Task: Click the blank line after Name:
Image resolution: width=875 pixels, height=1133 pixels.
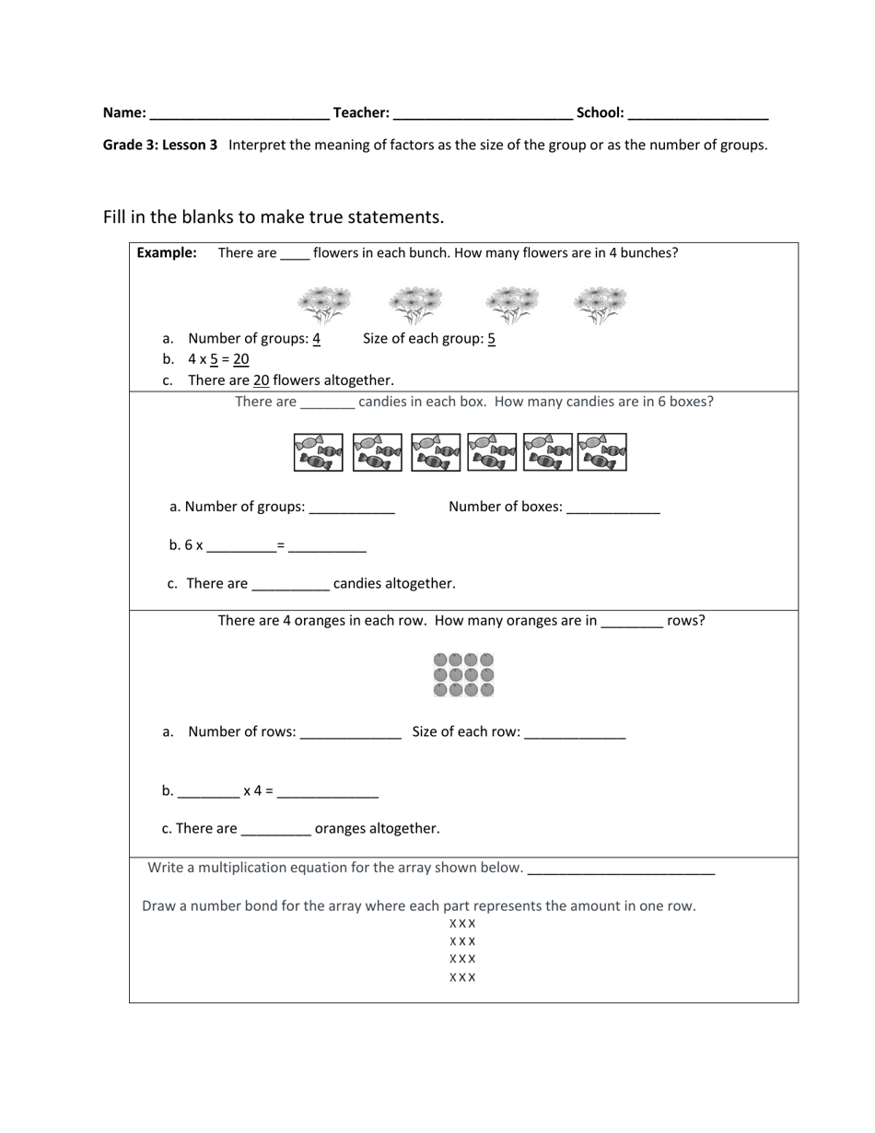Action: [x=239, y=114]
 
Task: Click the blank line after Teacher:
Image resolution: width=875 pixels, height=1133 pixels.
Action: [x=483, y=114]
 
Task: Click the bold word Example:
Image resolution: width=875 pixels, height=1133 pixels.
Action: [x=167, y=252]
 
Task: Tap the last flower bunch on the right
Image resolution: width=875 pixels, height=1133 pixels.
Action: [x=601, y=305]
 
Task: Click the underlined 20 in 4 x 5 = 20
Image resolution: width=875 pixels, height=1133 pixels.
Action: [x=241, y=359]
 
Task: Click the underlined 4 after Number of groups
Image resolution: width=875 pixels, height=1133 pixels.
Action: [x=316, y=338]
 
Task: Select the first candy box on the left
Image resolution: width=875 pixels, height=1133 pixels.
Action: [x=319, y=452]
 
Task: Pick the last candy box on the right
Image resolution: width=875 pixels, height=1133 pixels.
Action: [x=601, y=452]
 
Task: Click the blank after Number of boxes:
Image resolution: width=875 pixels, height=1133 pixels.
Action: [x=612, y=508]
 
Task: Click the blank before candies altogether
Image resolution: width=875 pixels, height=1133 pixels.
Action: [x=290, y=585]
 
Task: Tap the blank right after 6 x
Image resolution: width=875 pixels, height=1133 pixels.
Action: [x=241, y=547]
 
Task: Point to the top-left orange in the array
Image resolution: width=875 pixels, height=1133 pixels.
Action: [x=440, y=660]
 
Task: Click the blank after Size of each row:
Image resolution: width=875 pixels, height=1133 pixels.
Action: [x=575, y=734]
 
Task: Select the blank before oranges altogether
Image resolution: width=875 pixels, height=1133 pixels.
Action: [x=275, y=830]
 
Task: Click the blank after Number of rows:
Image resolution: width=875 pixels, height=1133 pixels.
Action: [x=351, y=734]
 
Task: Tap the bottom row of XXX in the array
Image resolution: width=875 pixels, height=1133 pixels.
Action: [x=462, y=977]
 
